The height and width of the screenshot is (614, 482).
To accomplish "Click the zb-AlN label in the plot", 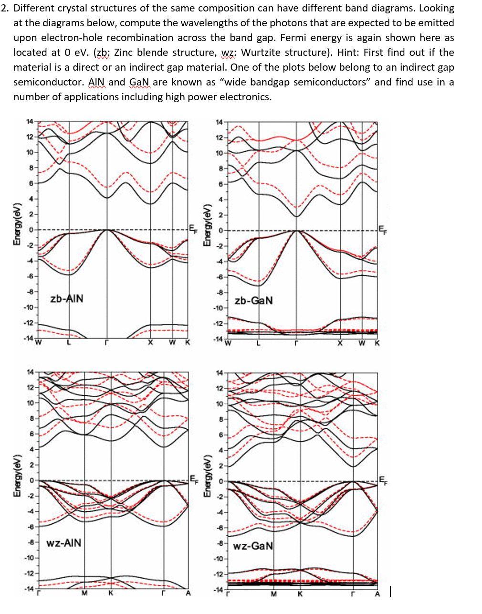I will tap(67, 298).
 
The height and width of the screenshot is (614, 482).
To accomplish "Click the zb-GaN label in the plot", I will tap(254, 300).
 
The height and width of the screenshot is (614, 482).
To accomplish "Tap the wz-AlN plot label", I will tap(64, 543).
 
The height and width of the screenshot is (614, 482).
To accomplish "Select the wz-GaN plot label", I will tap(253, 545).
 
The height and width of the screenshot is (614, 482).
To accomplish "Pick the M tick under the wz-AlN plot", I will tap(84, 594).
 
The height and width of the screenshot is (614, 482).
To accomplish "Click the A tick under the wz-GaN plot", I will tap(377, 594).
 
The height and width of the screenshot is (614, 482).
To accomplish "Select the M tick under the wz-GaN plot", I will tap(274, 594).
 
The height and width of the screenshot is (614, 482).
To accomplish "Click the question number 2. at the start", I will tap(5, 8).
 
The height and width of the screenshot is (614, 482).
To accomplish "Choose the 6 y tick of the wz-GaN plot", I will tap(220, 435).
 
